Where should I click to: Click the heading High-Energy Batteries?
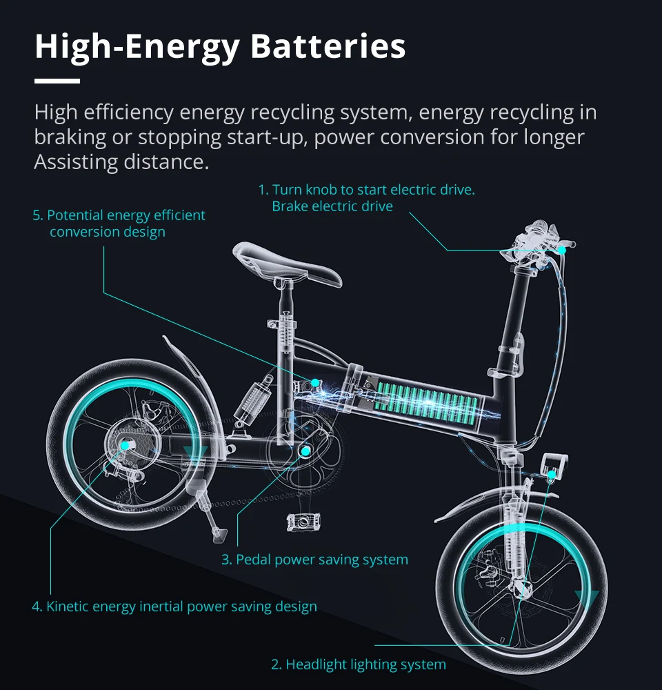219,46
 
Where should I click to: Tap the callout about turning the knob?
366,198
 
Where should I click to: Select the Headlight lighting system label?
358,664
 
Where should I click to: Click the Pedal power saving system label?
314,559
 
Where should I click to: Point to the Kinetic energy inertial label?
174,607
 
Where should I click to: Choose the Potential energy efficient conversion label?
119,224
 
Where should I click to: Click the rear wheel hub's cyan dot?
125,446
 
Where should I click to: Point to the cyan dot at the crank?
305,451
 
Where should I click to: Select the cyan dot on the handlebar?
562,249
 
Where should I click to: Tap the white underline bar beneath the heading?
57,81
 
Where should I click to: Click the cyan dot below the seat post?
314,382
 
